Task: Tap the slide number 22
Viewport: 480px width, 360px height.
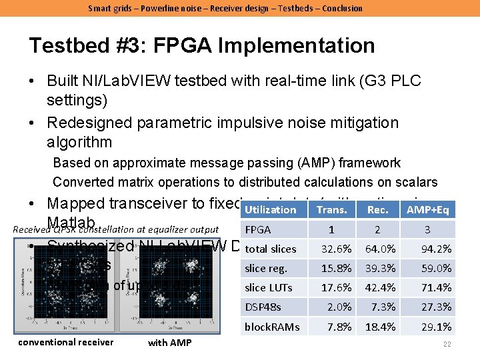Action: (x=447, y=344)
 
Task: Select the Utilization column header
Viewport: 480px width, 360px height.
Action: (x=271, y=209)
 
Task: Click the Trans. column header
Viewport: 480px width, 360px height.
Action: (x=332, y=209)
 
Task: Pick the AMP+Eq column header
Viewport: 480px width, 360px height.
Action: (x=427, y=209)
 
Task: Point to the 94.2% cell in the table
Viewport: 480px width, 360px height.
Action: (x=437, y=249)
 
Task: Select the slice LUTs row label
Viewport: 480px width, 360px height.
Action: (x=265, y=288)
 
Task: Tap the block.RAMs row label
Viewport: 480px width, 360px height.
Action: (x=272, y=327)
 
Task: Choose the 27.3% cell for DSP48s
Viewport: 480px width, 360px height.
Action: (x=437, y=307)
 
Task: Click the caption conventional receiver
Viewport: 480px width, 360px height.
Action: (x=66, y=342)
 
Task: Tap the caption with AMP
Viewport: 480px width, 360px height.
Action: (x=169, y=343)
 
